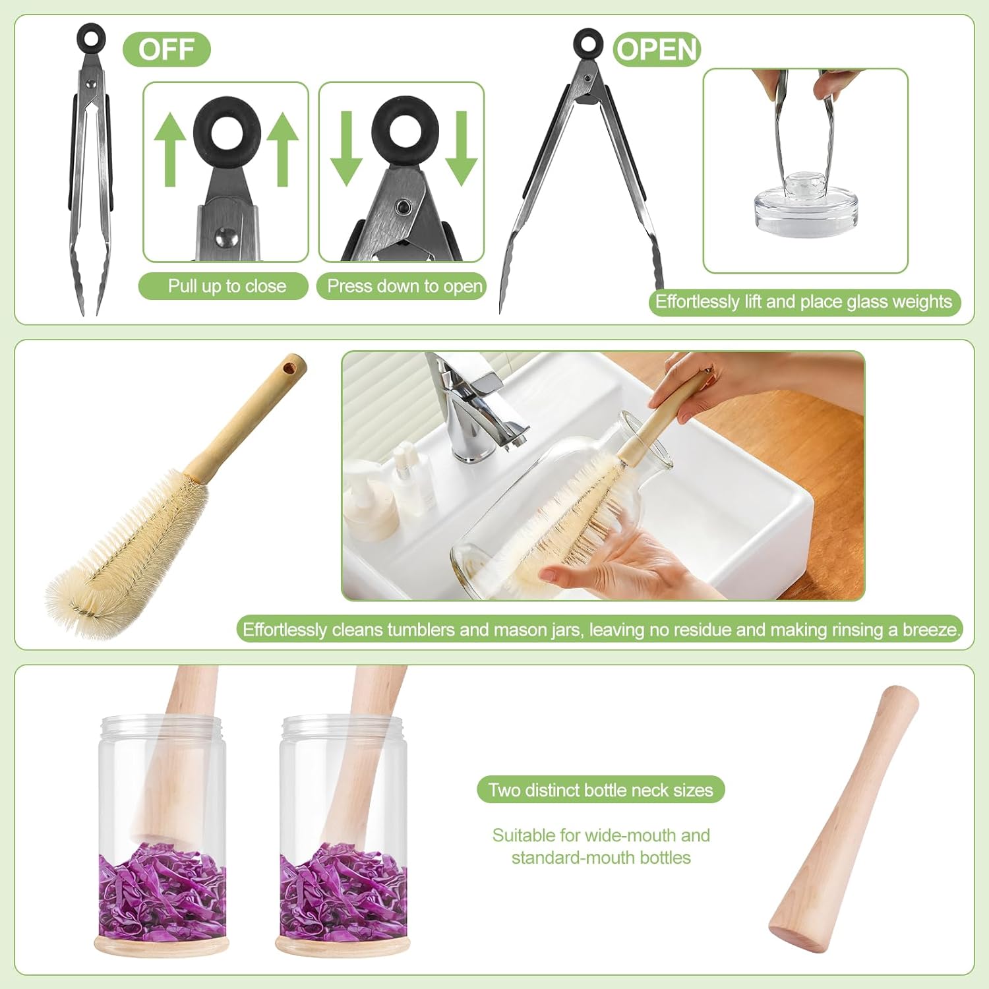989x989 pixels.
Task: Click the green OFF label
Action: tap(166, 49)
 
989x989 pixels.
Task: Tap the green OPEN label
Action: tap(657, 49)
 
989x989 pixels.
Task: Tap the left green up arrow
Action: tap(170, 150)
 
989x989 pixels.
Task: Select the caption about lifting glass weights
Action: tap(803, 302)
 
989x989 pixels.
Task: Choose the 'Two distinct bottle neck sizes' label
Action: tap(601, 790)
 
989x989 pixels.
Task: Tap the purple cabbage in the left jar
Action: tap(162, 890)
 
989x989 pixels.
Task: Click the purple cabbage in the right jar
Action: tap(342, 890)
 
